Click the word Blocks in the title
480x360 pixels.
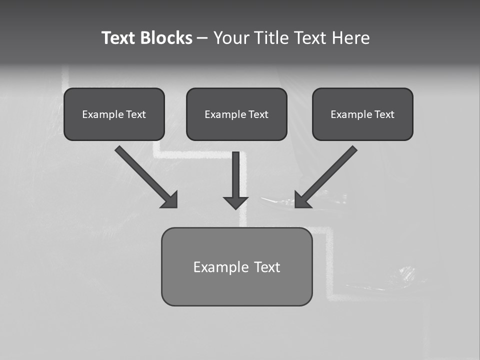click(x=166, y=38)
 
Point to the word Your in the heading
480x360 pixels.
click(x=231, y=38)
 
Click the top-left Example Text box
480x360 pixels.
click(x=114, y=114)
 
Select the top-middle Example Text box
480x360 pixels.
click(x=236, y=114)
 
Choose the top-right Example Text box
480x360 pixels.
click(x=362, y=114)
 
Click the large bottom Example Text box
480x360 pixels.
click(x=236, y=266)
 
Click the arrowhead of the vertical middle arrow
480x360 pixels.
click(x=235, y=202)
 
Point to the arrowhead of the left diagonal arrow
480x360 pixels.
click(x=170, y=200)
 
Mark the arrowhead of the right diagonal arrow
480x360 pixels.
click(x=302, y=200)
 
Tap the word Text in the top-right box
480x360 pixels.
click(x=384, y=114)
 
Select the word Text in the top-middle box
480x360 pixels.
click(x=258, y=114)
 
